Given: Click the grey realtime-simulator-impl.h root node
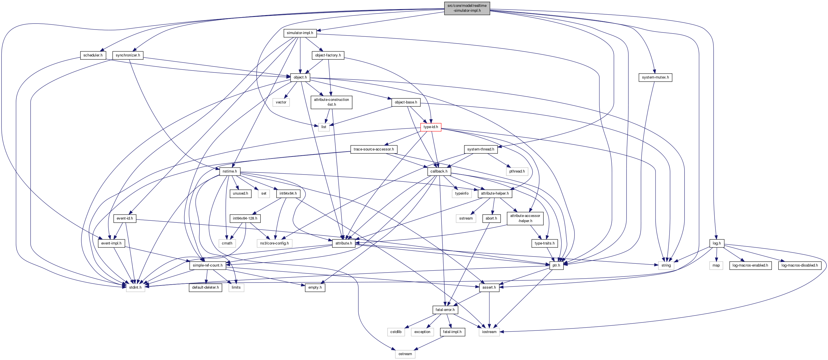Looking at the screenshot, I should (x=467, y=8).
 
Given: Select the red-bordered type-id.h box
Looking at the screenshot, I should (x=430, y=127).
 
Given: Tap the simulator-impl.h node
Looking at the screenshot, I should (x=300, y=33).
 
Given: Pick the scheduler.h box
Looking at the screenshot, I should (x=93, y=55).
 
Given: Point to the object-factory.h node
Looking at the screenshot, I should (x=328, y=55).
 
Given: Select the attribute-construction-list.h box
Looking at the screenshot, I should (x=331, y=102).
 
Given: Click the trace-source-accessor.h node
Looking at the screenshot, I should (x=374, y=149).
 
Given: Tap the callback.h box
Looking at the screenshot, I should (x=439, y=171).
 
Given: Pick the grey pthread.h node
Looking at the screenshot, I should (x=517, y=171).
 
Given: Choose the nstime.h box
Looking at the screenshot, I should (x=229, y=171).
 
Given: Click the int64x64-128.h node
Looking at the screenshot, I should (x=245, y=218).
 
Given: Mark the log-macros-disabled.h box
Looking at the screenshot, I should (x=799, y=265).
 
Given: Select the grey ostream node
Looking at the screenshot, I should (x=405, y=354).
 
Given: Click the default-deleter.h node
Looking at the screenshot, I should (x=205, y=287).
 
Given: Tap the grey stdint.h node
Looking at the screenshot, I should (x=135, y=287).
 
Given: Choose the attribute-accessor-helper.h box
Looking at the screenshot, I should (x=525, y=218).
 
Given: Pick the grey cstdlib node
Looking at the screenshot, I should (x=396, y=332).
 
